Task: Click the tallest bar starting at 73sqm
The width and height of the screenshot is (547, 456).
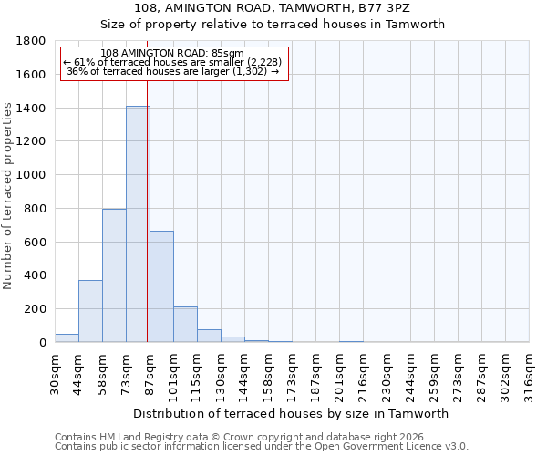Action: pos(137,224)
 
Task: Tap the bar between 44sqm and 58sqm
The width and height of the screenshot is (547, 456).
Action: pos(90,311)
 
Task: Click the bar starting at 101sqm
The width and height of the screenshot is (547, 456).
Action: pos(185,325)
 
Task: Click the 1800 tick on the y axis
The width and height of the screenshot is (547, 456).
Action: pos(33,41)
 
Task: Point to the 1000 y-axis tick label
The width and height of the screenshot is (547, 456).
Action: pos(33,175)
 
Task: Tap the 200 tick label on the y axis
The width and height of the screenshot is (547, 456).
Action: pos(36,309)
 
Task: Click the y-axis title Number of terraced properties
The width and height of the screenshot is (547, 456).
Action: pos(8,196)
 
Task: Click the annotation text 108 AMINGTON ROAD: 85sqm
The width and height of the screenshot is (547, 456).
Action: pos(172,54)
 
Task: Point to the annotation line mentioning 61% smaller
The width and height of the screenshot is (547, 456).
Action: pos(172,62)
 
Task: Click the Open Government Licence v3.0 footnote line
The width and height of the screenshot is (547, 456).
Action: pos(262,447)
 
